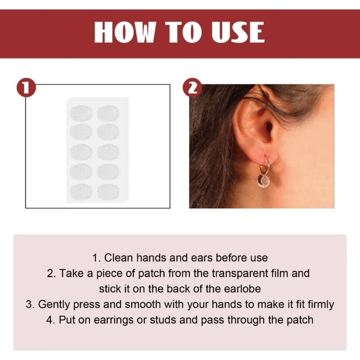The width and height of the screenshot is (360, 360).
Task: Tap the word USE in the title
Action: click(237, 32)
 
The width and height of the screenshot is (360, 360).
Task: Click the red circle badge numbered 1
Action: click(26, 87)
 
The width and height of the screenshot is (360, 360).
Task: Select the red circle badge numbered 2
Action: click(192, 87)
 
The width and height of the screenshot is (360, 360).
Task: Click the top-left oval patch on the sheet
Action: click(81, 113)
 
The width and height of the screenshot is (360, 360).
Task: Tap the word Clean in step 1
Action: click(119, 258)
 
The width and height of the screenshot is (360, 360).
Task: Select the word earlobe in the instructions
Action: click(243, 288)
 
